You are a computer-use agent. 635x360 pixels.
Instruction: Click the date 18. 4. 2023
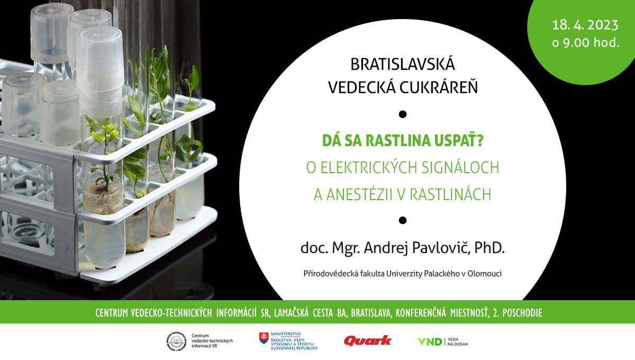(585, 25)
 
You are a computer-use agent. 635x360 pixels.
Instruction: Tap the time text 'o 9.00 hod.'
(585, 42)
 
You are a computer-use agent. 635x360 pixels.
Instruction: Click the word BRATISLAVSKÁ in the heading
(403, 64)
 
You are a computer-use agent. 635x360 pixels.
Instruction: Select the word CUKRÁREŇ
(439, 87)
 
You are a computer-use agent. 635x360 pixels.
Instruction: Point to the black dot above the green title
(403, 114)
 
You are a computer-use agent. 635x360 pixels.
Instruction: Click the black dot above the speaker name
(403, 220)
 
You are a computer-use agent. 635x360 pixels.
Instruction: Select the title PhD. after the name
(489, 247)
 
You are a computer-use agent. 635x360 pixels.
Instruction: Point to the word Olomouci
(485, 274)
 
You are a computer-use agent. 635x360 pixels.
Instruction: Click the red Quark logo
(368, 341)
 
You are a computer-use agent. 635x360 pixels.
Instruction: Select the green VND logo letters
(430, 342)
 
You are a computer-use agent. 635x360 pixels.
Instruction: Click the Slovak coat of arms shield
(264, 338)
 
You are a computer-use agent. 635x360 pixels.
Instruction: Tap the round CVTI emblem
(176, 341)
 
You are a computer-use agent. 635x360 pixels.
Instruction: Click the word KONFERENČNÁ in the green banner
(421, 313)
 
